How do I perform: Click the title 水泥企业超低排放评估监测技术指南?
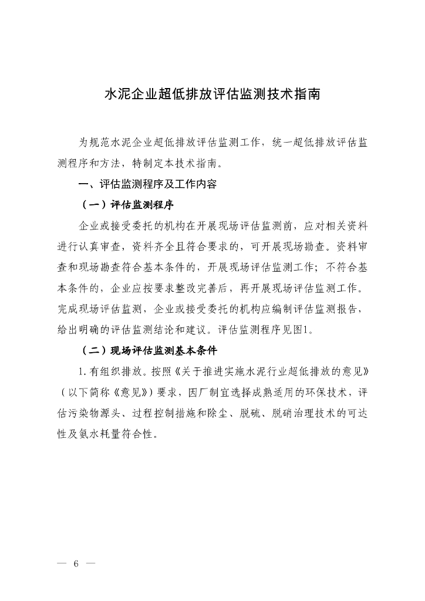click(x=212, y=95)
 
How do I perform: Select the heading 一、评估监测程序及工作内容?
click(x=148, y=184)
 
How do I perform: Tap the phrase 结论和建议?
click(x=177, y=329)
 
